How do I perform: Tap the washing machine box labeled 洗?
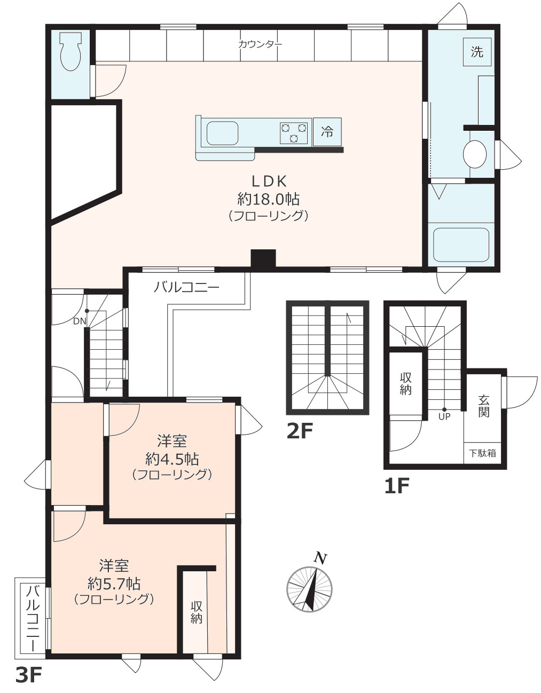(477, 52)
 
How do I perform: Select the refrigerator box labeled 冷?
(327, 131)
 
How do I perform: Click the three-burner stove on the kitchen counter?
(294, 133)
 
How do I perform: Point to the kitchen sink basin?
(222, 133)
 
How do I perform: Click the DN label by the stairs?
(79, 321)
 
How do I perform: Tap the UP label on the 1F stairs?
(444, 416)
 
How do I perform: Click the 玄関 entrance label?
(483, 406)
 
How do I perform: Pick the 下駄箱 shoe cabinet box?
(483, 453)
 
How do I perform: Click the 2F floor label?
(299, 431)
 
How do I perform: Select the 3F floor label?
(28, 675)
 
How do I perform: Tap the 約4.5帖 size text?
(172, 459)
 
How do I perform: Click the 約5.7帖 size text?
(114, 582)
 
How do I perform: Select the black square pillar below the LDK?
(263, 259)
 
